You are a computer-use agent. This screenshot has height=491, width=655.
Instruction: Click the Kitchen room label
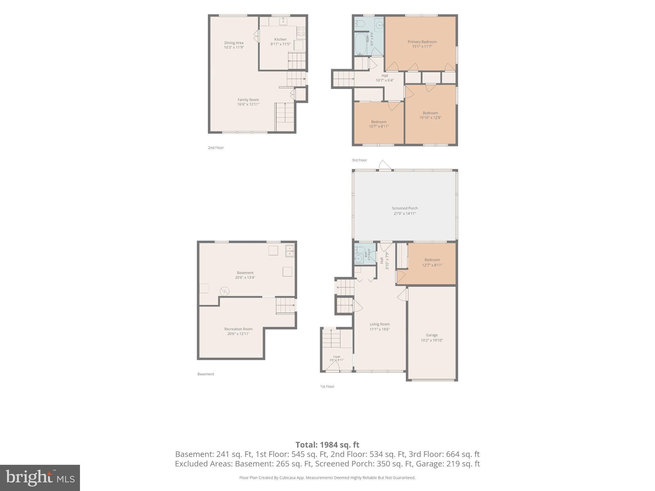280,39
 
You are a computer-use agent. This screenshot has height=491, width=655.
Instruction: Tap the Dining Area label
234,43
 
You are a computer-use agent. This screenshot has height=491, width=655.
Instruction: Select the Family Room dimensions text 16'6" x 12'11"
248,104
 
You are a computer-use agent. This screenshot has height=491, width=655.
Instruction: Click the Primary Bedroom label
422,42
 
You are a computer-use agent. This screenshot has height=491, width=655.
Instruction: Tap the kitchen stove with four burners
301,31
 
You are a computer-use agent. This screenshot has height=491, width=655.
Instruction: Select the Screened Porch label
405,208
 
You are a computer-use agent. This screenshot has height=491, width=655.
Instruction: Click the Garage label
432,335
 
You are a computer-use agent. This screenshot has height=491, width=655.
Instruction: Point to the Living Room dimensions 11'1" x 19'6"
380,329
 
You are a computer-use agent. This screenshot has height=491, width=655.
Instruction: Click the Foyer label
337,357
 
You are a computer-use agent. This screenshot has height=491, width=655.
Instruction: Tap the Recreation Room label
238,329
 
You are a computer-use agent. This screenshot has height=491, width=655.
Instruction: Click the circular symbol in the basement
225,291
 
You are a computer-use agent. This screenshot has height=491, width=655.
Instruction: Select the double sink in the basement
290,251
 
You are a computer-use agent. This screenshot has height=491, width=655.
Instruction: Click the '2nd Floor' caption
216,148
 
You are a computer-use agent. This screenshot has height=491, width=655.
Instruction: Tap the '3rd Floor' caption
359,160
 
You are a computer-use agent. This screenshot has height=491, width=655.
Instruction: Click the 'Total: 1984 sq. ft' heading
327,445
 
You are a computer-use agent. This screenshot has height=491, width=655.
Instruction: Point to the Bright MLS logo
40,478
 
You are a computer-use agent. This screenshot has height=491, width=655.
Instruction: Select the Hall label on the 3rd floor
385,76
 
